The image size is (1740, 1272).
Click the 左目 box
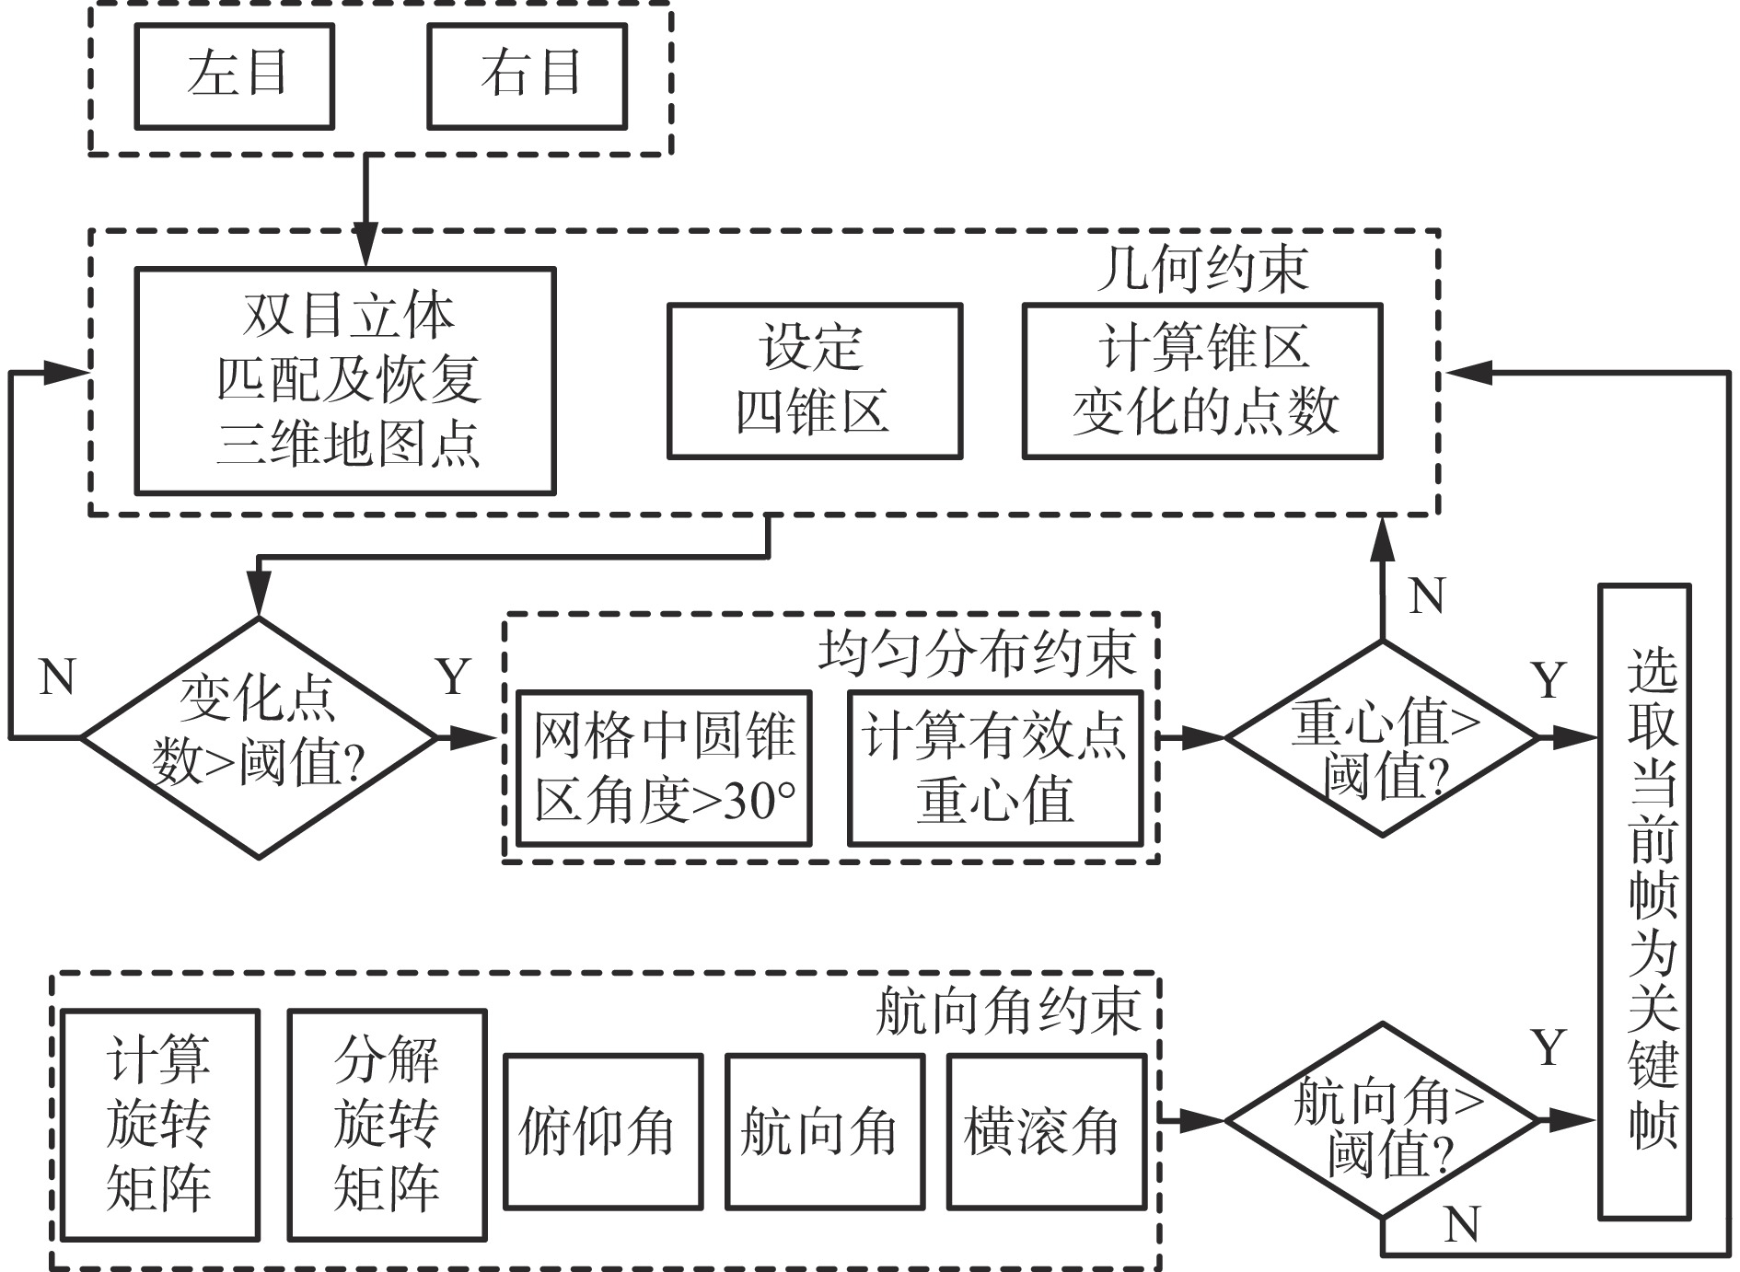coord(235,75)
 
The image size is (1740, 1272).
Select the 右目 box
coord(528,75)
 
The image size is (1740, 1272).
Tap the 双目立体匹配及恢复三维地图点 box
coord(345,381)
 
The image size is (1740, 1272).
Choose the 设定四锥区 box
coord(815,381)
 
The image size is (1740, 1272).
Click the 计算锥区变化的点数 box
coord(1202,381)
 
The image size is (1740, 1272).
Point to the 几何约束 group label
coord(1202,269)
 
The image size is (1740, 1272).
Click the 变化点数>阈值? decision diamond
coord(259,737)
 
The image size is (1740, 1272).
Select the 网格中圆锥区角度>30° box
coord(664,768)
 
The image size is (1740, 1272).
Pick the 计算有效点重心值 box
coord(995,768)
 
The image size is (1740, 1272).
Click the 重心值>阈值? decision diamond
coord(1383,738)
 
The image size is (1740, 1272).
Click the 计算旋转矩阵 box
coord(159,1125)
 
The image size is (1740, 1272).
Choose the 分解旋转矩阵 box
coord(387,1125)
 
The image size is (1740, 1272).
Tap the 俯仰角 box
coord(603,1131)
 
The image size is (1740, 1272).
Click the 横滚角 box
coord(1047,1131)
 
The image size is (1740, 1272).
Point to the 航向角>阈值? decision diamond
coord(1383,1121)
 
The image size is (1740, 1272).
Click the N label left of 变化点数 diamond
coord(58,677)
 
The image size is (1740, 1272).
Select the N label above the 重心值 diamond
coord(1427,596)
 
